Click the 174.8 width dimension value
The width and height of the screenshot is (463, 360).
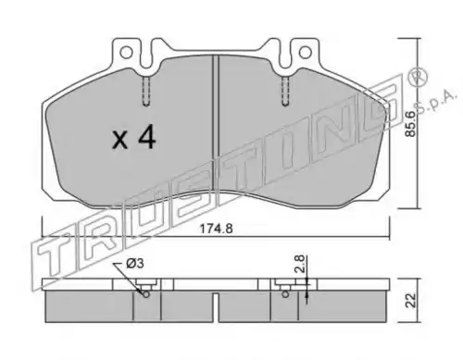(216, 229)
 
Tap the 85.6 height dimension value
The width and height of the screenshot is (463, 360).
(411, 124)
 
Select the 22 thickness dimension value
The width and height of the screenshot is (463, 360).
(411, 300)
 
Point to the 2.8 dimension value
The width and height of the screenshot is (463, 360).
(299, 264)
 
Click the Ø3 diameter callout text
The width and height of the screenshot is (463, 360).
(135, 264)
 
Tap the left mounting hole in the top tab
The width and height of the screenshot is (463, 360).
(126, 53)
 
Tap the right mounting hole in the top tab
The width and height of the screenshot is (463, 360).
(305, 52)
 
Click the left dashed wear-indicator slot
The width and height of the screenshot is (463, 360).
(146, 91)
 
